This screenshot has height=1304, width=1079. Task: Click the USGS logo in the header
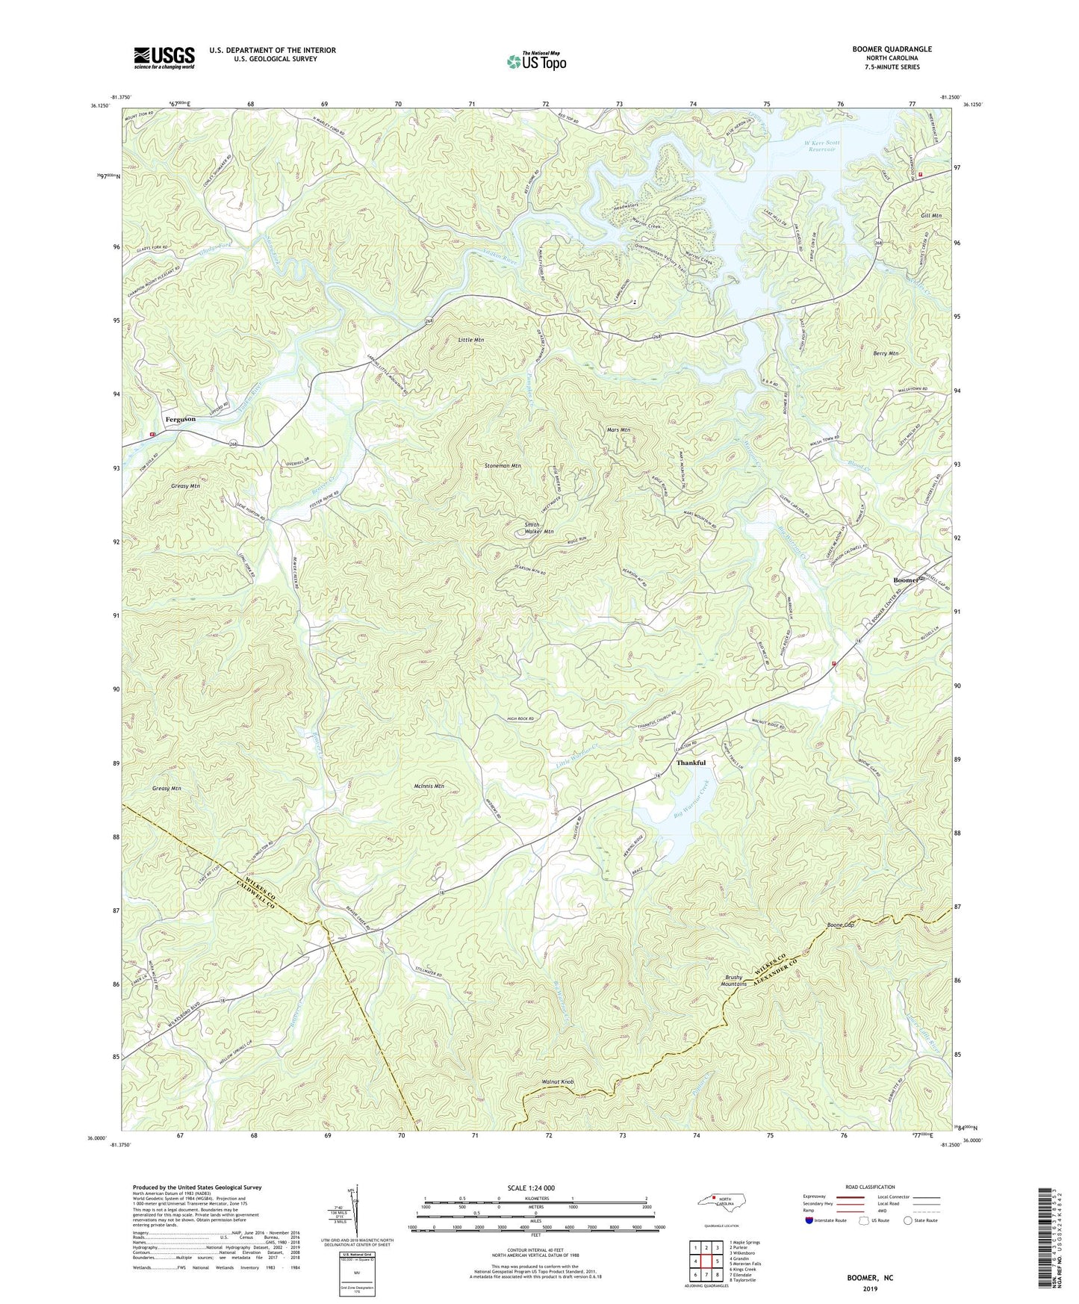click(x=164, y=58)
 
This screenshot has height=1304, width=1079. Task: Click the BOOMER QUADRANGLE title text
click(x=892, y=49)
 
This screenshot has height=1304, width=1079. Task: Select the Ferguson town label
click(x=180, y=419)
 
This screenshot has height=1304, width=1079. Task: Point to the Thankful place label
click(x=691, y=763)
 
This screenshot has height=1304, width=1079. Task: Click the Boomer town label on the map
click(x=906, y=580)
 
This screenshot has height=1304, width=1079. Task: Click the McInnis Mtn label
click(x=429, y=786)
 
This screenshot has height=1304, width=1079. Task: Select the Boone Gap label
click(x=840, y=925)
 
